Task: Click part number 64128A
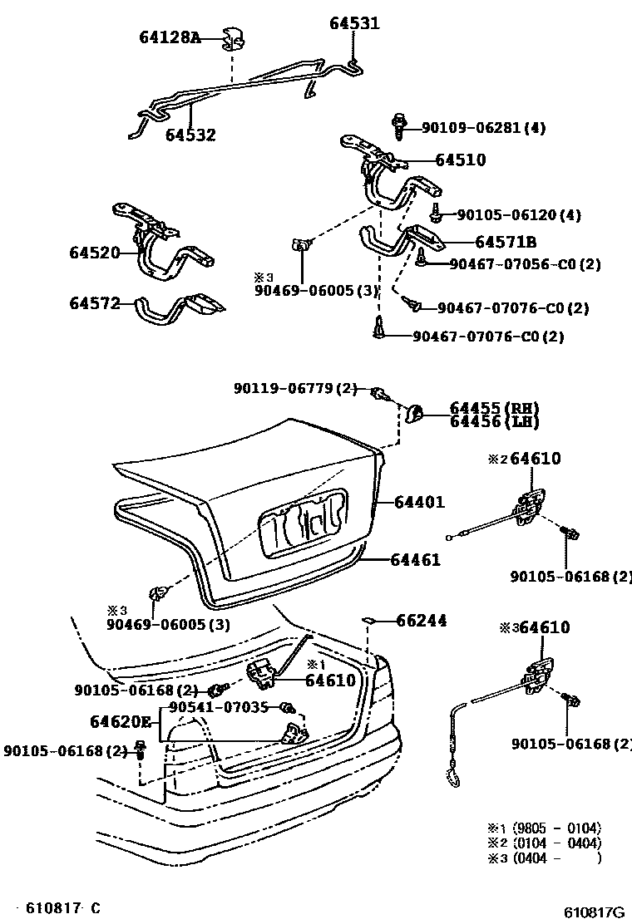(x=169, y=37)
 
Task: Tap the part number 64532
(x=190, y=135)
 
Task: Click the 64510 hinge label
(x=458, y=160)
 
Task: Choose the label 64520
(x=95, y=253)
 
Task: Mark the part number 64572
(x=95, y=304)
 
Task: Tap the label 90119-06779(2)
(x=295, y=388)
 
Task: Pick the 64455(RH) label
(x=494, y=408)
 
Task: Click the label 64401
(x=419, y=502)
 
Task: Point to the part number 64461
(x=416, y=560)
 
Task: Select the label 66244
(x=421, y=620)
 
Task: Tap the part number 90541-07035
(x=218, y=707)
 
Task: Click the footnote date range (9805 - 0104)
(x=556, y=828)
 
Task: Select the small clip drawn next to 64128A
(x=235, y=38)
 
